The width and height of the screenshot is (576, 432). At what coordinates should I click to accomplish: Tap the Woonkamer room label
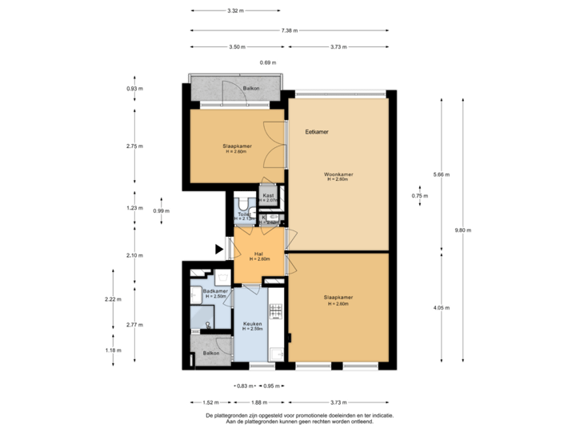tap(339, 174)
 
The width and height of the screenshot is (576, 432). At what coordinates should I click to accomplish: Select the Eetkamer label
tap(318, 131)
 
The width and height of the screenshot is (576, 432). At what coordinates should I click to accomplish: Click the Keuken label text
tap(253, 324)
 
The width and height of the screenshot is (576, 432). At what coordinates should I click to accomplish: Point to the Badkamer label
tap(217, 291)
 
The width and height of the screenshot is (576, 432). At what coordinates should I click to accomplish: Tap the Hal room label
tap(258, 254)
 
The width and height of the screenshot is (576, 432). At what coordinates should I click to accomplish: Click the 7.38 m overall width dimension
tap(290, 30)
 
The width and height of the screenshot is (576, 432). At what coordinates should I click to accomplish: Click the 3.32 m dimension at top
tap(234, 11)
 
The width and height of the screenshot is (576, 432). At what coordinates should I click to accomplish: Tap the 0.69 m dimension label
tap(267, 62)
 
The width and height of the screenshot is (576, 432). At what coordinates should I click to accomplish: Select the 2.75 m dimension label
tap(134, 146)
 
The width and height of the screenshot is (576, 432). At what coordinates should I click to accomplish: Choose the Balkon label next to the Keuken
tap(211, 353)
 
